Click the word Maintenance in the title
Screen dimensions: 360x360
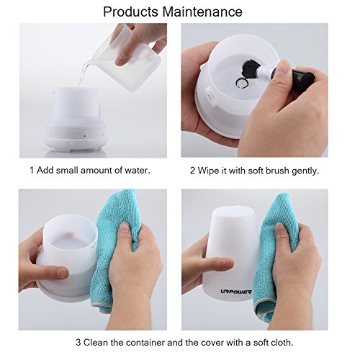[x=202, y=12]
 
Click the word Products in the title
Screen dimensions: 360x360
[x=130, y=12]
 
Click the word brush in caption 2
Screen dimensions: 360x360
[x=277, y=171]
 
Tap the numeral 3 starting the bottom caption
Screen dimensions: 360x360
[x=78, y=343]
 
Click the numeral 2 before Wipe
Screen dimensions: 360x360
[x=193, y=171]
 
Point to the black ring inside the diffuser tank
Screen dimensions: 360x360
[x=241, y=83]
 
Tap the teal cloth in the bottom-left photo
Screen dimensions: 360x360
[x=115, y=243]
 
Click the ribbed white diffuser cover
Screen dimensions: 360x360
[x=230, y=252]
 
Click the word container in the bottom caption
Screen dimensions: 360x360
[x=145, y=343]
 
